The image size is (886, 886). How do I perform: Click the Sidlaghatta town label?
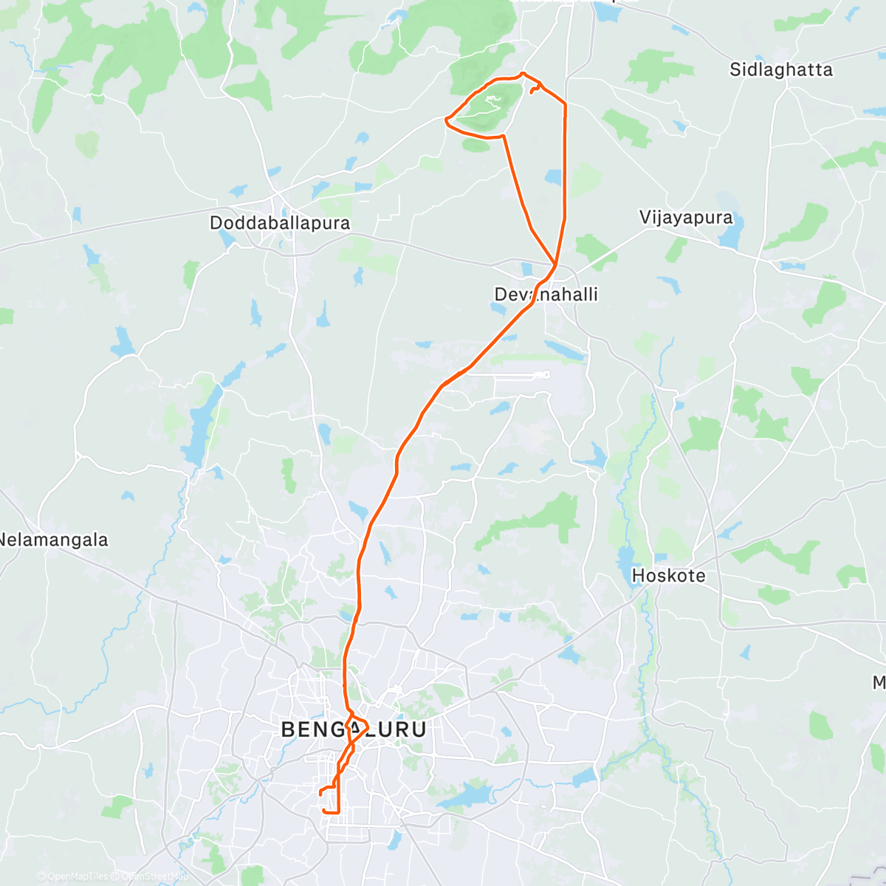point(780,70)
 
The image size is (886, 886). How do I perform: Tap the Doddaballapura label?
point(280,223)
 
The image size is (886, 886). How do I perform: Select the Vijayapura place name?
point(686,218)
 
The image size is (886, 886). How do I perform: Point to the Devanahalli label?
point(546,295)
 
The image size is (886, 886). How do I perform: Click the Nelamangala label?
point(53,540)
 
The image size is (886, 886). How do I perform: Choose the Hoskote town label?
point(668,576)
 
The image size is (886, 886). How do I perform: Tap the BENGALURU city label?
point(354,729)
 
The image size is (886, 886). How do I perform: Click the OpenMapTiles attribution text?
point(72,876)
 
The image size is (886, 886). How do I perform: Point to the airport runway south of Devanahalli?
point(509,375)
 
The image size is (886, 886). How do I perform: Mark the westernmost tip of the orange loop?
point(444,120)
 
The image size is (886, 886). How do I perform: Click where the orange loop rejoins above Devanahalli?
point(555,264)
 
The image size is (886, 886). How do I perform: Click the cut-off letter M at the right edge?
point(879,683)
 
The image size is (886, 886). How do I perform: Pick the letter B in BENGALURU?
point(289,729)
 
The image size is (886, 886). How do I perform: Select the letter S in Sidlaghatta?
point(735,70)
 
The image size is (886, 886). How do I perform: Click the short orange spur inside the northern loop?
point(535,89)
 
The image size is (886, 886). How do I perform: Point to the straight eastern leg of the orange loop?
point(566,162)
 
